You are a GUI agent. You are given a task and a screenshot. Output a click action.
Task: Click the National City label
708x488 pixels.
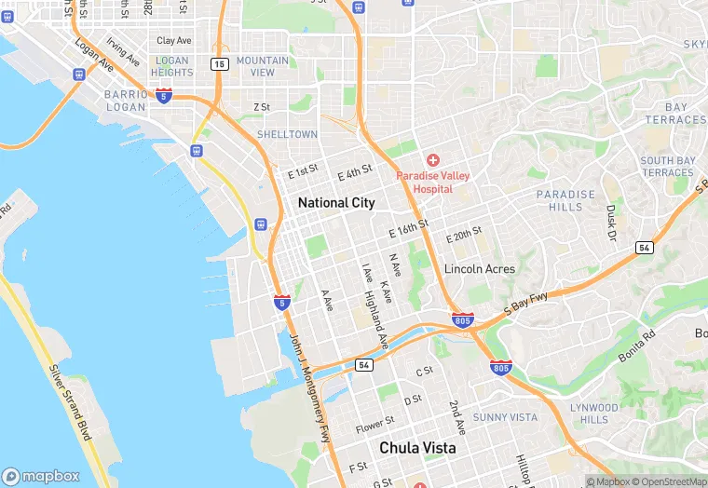tap(336, 202)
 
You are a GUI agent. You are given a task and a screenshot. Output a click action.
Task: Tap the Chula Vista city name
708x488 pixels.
tap(417, 448)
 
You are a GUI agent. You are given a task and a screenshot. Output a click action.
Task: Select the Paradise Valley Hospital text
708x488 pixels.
tap(433, 182)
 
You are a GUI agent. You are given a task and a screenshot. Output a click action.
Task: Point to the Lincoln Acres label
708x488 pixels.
tap(479, 268)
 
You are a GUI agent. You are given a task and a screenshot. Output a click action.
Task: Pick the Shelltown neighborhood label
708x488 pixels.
tap(287, 134)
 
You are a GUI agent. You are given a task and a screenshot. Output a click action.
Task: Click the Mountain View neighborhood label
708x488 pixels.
tap(263, 66)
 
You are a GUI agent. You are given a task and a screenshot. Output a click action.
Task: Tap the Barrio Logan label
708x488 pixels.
tap(126, 101)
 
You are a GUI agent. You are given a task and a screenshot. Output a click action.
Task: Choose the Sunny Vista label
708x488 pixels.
tap(505, 416)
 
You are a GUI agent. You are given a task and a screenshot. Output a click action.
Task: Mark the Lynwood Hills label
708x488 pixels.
tap(593, 413)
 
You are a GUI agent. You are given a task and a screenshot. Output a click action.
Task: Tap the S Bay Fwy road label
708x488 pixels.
tap(526, 304)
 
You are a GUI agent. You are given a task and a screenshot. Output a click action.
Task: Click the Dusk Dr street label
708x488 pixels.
tap(611, 224)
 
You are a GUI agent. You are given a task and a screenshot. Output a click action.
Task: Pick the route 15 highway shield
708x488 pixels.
tap(219, 63)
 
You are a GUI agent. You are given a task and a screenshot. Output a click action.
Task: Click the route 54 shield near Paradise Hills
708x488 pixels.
tap(644, 247)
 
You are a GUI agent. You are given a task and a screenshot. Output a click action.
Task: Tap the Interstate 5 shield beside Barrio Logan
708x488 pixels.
tap(164, 96)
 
